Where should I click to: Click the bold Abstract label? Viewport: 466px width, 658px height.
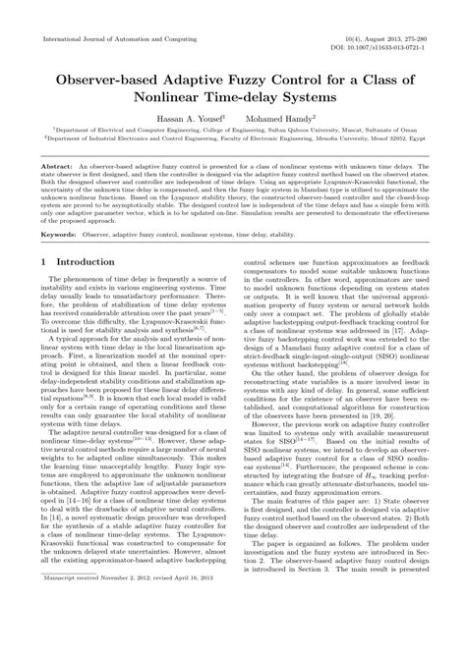(x=52, y=169)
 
